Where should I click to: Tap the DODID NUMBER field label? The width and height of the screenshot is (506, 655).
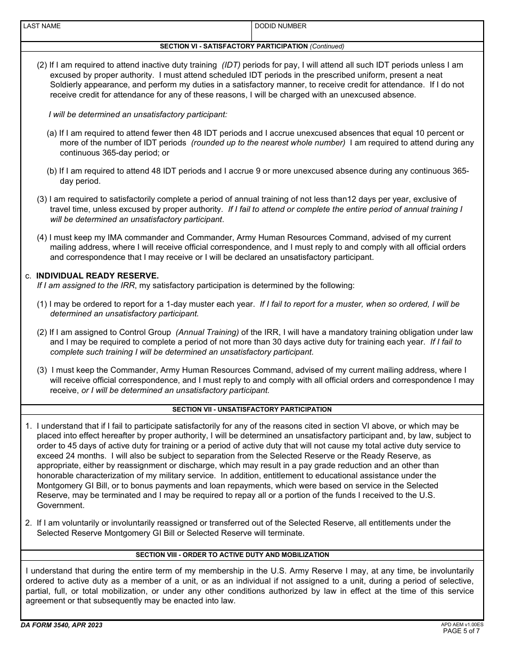point(280,26)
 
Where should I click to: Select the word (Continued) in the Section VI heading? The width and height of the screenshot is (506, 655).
point(327,46)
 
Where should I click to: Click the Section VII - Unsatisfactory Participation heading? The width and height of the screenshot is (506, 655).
point(252,410)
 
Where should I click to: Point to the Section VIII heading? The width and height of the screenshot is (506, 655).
point(232,555)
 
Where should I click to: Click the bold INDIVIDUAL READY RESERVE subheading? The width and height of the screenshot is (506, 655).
point(97,275)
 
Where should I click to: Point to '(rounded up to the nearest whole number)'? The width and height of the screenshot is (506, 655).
point(268,143)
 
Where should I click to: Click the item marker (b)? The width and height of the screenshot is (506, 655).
point(52,171)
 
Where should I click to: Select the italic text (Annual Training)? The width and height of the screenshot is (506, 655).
point(207,332)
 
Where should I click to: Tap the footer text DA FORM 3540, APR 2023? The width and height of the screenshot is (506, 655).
point(62,625)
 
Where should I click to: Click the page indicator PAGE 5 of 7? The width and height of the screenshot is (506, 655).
point(461,632)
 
